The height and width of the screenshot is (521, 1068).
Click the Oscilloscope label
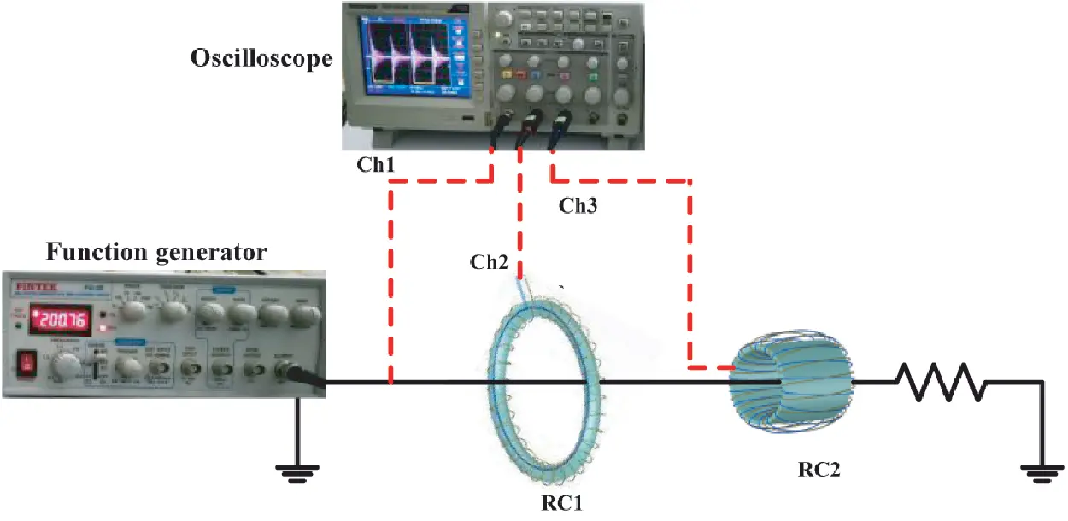(x=261, y=61)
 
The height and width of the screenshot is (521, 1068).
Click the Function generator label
(x=156, y=252)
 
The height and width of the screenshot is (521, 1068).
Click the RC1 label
(x=562, y=503)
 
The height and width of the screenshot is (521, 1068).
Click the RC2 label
(x=819, y=469)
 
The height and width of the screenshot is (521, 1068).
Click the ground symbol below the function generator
(x=297, y=467)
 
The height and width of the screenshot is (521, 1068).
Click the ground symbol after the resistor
(x=1042, y=467)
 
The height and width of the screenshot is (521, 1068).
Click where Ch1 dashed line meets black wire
(x=390, y=383)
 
